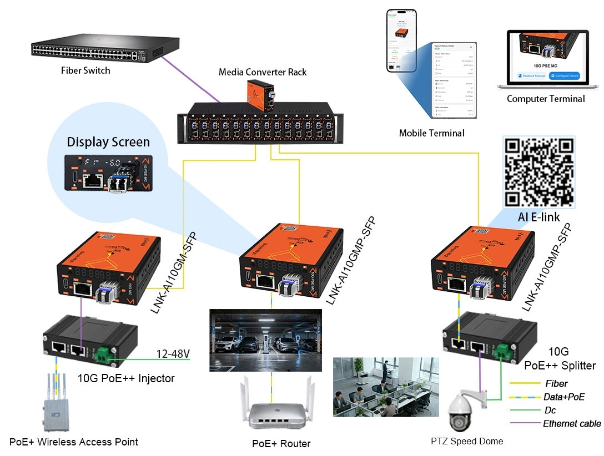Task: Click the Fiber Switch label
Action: tap(85, 70)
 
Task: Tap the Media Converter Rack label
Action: tap(262, 72)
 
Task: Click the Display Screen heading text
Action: tap(109, 142)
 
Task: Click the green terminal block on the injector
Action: tap(103, 354)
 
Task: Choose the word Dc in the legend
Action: tap(550, 411)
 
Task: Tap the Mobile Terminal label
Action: tap(431, 133)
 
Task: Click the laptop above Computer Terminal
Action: tap(546, 60)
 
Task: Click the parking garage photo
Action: tap(265, 340)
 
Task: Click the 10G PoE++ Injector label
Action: tap(134, 379)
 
